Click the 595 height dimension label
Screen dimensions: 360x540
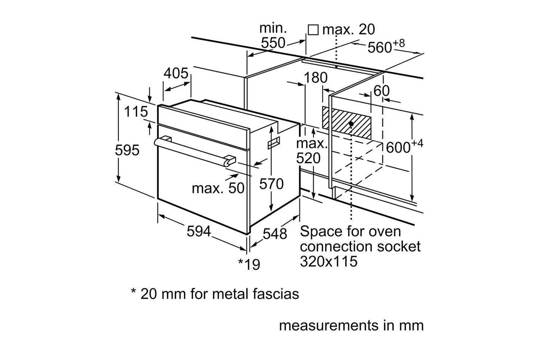[127, 150]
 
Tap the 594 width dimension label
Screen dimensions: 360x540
[199, 232]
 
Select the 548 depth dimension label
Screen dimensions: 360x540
[275, 234]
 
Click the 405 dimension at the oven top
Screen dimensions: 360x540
[176, 74]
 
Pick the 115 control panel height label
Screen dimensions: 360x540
[136, 111]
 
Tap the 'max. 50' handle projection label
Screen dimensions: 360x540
[218, 188]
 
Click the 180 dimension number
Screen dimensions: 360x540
[315, 78]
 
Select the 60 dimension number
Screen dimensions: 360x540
[382, 91]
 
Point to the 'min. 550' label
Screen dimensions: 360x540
[273, 36]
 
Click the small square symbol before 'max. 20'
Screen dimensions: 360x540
[313, 30]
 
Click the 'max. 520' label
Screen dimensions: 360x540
[311, 151]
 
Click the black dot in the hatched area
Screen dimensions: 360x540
[351, 123]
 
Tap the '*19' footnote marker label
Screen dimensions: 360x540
[249, 264]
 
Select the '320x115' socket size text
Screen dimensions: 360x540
[329, 261]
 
